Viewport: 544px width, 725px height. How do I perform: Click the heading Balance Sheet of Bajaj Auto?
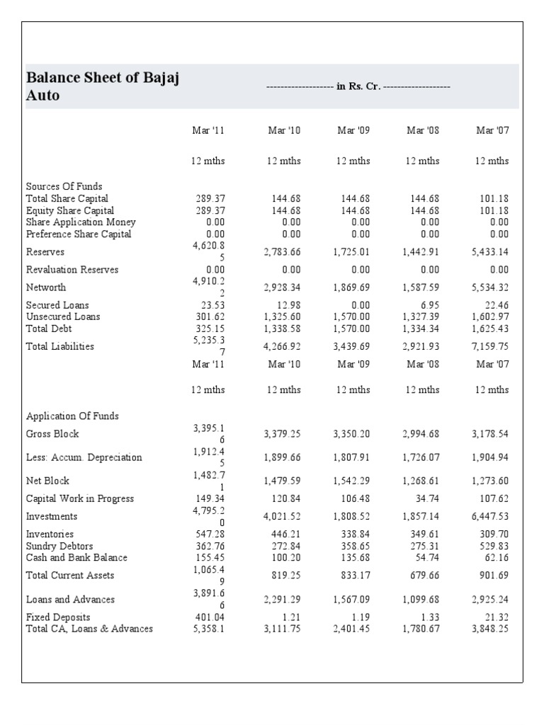pos(102,86)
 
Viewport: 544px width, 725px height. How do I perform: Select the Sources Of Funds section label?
pos(64,186)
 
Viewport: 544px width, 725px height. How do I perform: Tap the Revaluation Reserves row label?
pos(72,270)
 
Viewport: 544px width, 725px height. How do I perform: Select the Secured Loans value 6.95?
pos(427,305)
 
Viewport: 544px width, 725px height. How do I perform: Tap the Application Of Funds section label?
pos(72,416)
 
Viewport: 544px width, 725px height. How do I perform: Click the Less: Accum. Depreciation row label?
pos(84,457)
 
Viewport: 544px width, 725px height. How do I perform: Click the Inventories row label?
pos(50,534)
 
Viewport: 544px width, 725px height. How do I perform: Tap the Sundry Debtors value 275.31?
pos(422,546)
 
